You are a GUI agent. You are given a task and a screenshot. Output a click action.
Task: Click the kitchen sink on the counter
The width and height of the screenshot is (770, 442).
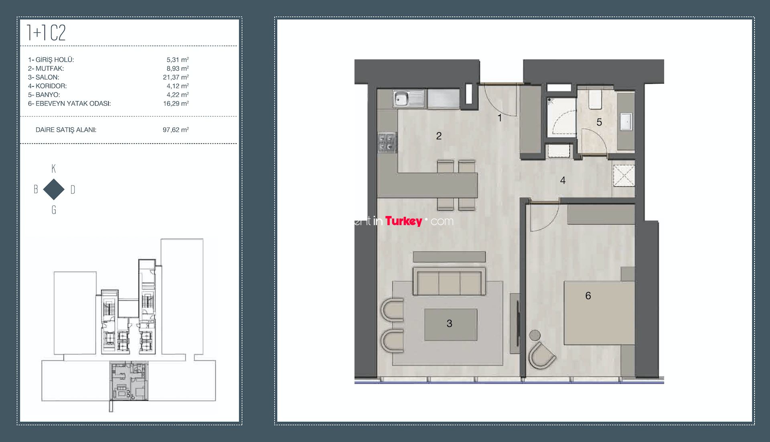(409, 99)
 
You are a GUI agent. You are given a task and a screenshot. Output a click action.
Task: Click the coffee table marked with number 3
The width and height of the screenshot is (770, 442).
(451, 325)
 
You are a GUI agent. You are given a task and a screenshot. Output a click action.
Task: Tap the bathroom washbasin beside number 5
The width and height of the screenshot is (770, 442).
(626, 122)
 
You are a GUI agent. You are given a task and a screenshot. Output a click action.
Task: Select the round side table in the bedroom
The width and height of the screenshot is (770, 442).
(535, 335)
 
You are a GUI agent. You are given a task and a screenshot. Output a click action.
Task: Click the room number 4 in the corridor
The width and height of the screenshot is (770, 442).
(563, 181)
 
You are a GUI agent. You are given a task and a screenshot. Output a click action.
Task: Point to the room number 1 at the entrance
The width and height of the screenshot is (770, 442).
(500, 118)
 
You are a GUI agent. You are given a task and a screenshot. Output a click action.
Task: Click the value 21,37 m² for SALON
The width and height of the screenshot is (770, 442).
(176, 77)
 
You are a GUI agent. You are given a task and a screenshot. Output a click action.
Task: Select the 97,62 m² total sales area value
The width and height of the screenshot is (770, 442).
(176, 130)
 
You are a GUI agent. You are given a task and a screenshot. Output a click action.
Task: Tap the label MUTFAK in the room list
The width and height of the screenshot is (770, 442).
(50, 69)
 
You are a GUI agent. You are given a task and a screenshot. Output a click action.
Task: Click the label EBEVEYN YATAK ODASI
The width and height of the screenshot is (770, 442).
(73, 104)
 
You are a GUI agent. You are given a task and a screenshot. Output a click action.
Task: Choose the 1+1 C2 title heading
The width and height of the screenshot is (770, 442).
(46, 33)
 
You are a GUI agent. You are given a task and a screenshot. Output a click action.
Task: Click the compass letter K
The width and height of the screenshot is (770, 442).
(54, 169)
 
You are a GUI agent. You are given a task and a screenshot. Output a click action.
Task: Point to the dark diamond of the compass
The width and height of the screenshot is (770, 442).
(54, 189)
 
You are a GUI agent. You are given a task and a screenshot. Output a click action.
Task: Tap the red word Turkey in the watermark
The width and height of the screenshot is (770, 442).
(403, 221)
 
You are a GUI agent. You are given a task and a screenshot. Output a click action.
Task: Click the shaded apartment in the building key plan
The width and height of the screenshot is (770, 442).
(129, 381)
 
